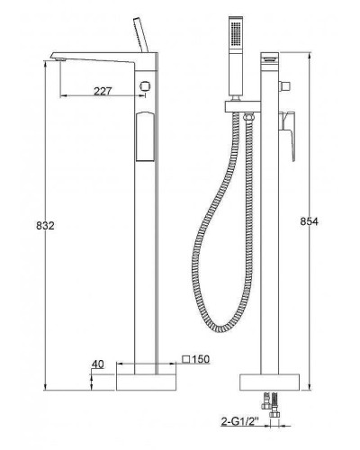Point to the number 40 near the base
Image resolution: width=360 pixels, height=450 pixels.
coord(100,364)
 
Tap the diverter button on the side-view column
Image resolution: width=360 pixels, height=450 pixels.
coord(144,85)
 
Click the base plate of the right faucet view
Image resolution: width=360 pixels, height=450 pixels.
coord(271,382)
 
